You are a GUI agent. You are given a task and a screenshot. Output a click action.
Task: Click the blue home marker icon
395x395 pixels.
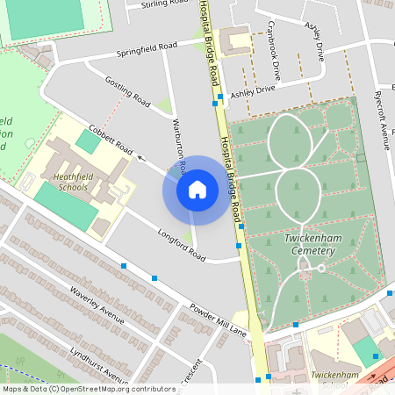(x=197, y=189)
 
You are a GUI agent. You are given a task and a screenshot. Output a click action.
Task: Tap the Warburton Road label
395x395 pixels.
(x=179, y=145)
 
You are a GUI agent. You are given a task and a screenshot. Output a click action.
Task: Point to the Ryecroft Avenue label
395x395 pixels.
(x=382, y=119)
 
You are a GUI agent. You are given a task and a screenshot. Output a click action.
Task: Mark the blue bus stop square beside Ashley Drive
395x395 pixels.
(x=214, y=102)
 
